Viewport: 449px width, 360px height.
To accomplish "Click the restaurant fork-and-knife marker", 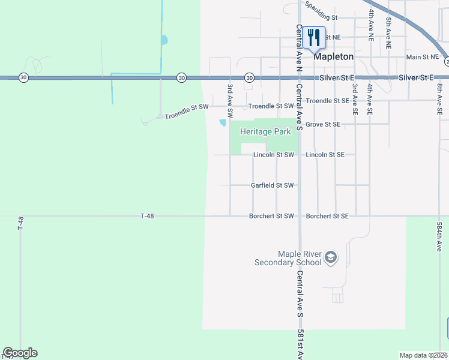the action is point(313,38).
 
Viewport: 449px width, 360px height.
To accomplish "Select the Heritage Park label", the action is point(261,131).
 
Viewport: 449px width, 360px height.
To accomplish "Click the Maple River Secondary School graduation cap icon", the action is point(330,258).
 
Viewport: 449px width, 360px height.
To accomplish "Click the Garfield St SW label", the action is point(272,185).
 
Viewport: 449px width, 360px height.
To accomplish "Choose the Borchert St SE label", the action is point(327,216).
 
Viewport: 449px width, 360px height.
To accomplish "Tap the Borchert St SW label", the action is point(271,216).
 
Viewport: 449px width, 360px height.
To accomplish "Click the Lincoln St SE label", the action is point(325,155).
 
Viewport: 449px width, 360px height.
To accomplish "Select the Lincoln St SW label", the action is point(273,155).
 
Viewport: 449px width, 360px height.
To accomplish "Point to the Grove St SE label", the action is point(323,124).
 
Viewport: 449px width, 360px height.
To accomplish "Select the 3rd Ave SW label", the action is point(230,100).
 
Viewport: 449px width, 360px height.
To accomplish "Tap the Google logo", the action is point(20,353).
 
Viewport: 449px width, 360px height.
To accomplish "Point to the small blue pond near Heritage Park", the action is point(223,122).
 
